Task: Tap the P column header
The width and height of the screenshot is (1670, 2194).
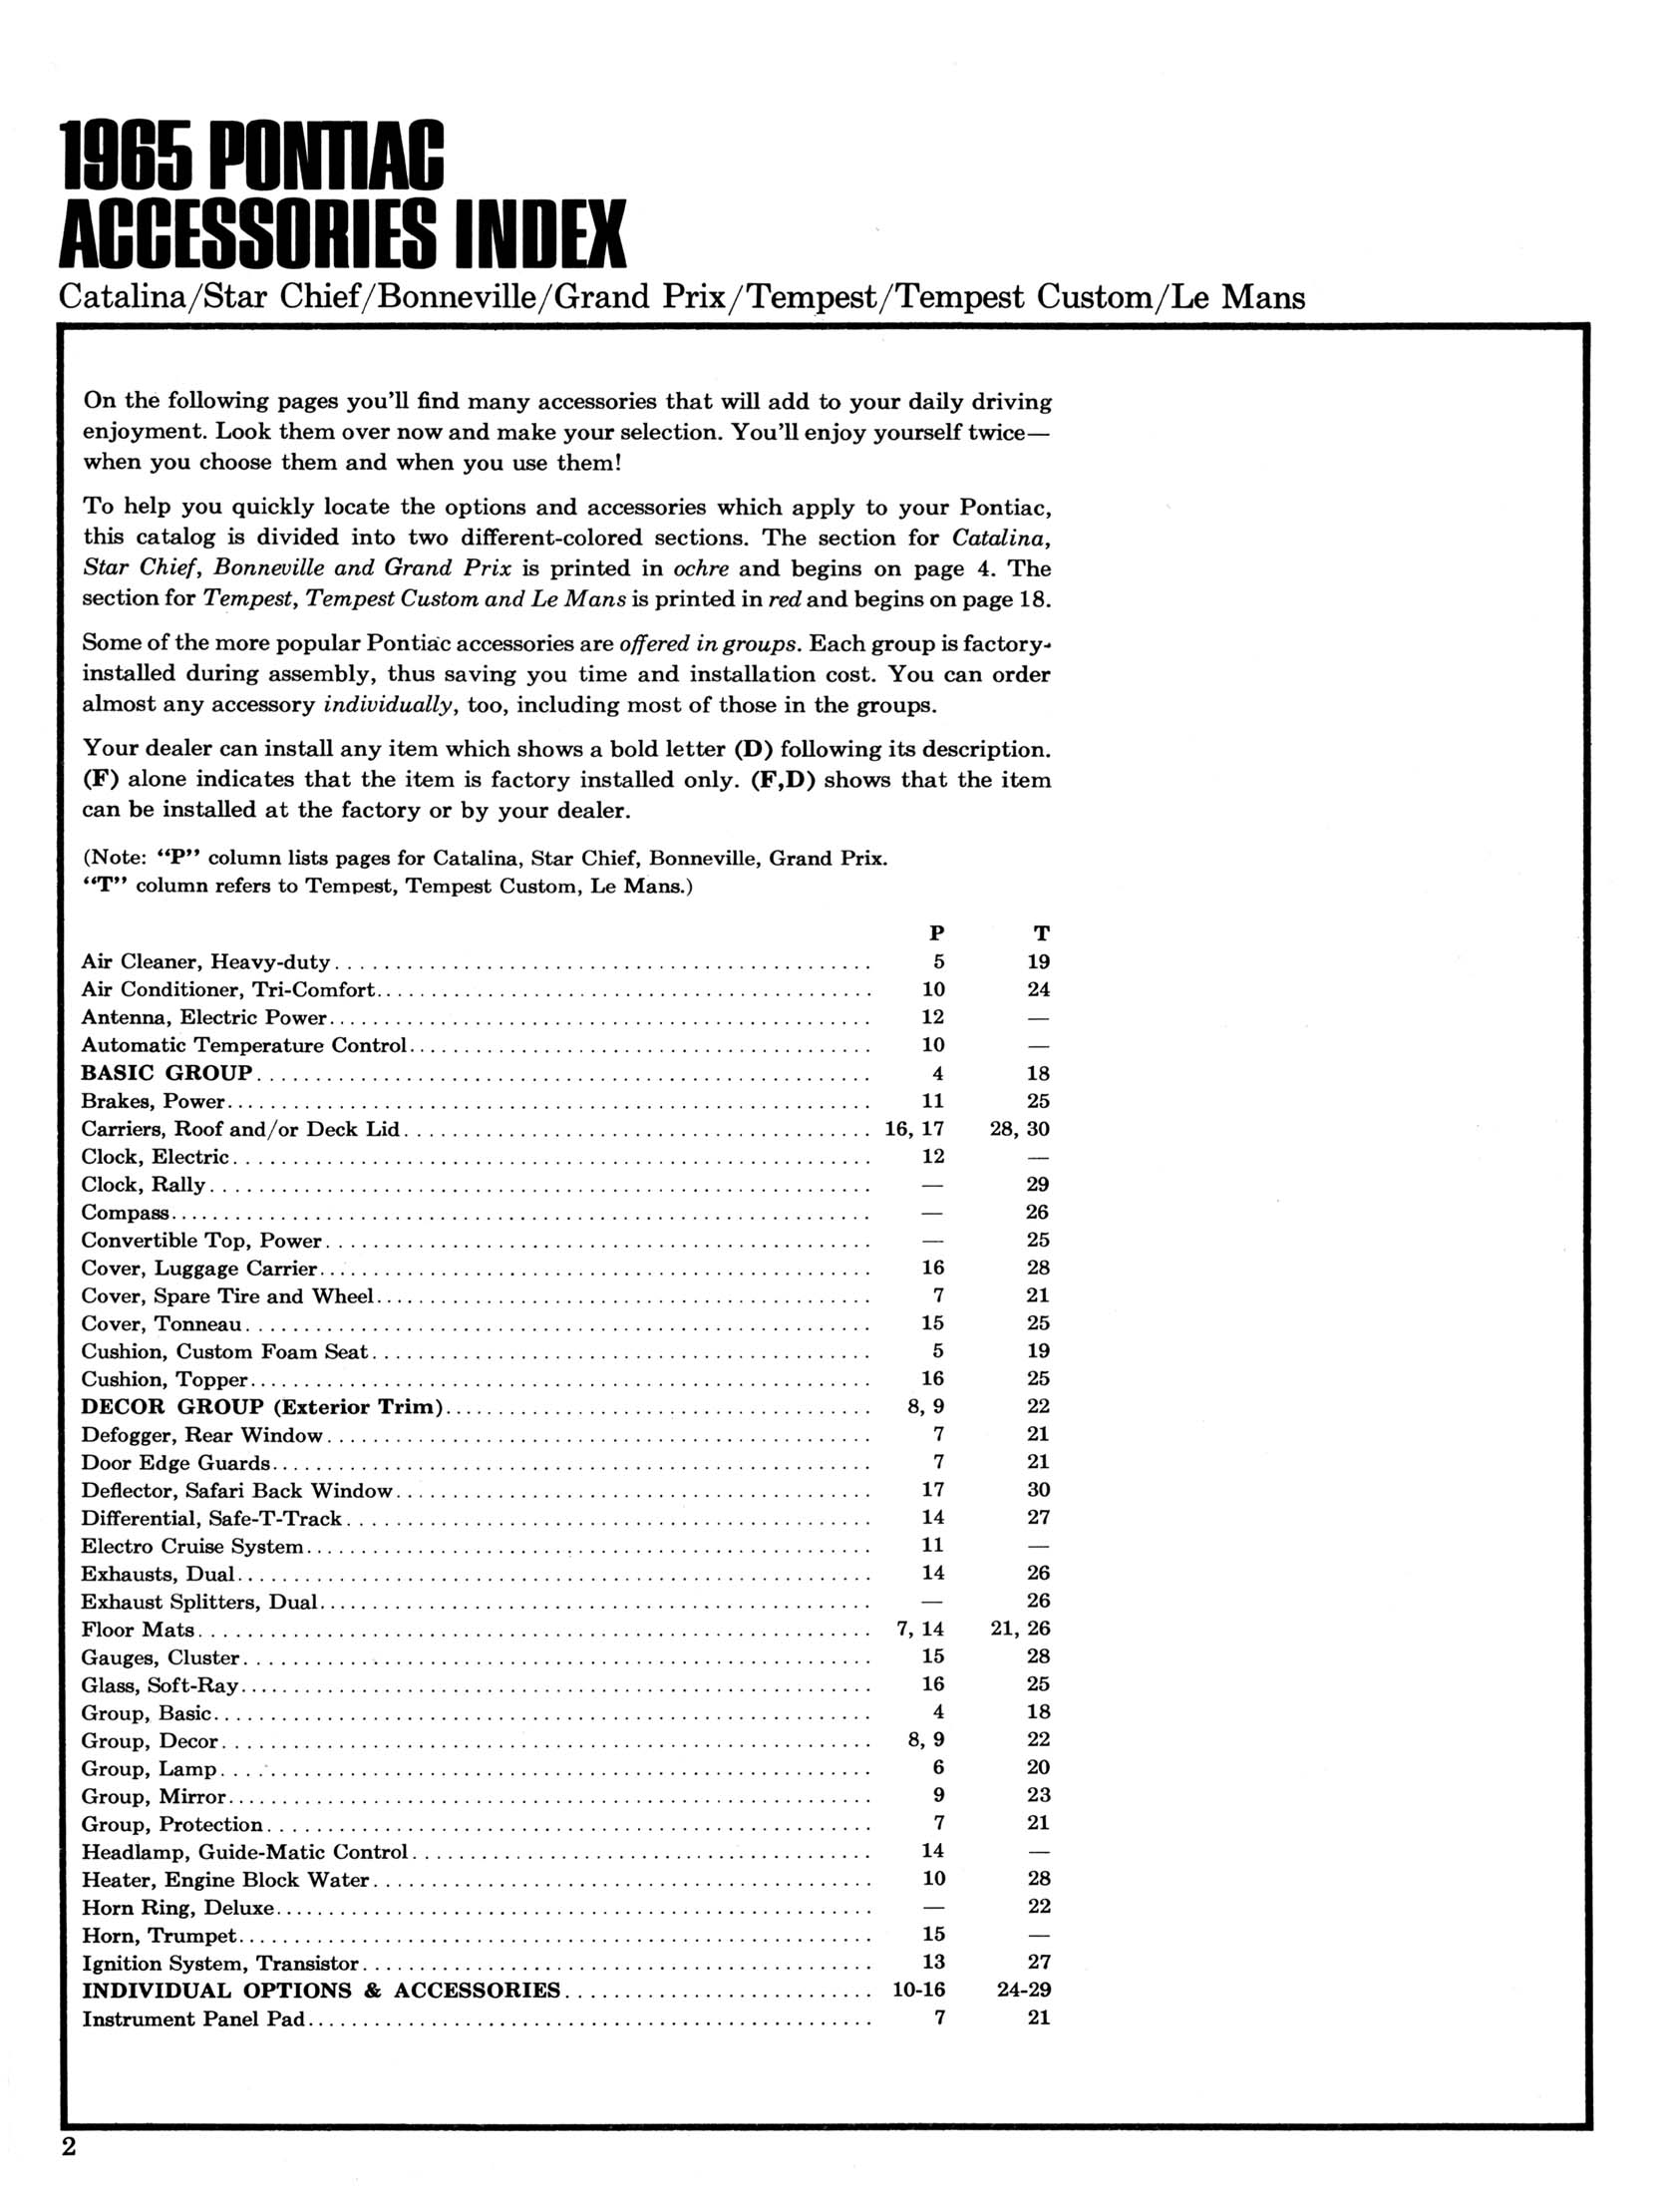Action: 936,933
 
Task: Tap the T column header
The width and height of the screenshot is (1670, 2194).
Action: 1041,933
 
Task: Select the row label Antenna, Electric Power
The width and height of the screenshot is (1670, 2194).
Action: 204,1018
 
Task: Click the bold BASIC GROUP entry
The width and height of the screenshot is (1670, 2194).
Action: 167,1073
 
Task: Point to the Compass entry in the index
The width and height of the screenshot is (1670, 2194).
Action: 125,1213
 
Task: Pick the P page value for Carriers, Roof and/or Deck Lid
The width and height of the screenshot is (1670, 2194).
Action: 914,1129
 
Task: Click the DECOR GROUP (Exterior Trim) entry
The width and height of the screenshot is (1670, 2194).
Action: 262,1407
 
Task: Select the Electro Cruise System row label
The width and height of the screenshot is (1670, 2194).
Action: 192,1546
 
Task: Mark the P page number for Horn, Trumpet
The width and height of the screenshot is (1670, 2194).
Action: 933,1934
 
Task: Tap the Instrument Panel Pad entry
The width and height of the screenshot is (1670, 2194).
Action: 193,2018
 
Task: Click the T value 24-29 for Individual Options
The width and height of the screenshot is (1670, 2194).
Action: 1024,1990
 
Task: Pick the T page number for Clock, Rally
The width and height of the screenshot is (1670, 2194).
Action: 1038,1185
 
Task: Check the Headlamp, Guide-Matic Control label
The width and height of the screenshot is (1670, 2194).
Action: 244,1852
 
